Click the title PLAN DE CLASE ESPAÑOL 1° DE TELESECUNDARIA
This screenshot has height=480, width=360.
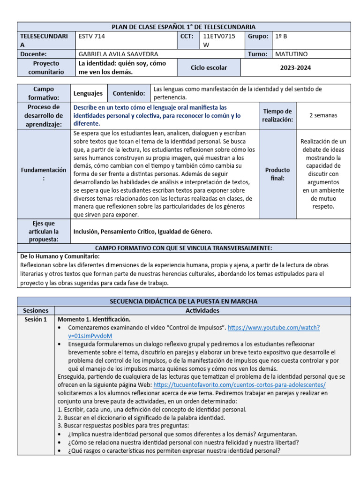[x=183, y=27]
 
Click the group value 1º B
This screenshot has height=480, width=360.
[x=283, y=36]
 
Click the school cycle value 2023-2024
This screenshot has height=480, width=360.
[x=295, y=67]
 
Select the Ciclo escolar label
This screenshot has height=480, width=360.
[x=209, y=67]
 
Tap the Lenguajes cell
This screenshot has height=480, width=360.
[x=88, y=93]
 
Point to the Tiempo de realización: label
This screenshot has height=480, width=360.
[x=277, y=115]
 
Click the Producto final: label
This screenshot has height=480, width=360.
[x=277, y=174]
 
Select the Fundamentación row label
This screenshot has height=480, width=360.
[x=43, y=174]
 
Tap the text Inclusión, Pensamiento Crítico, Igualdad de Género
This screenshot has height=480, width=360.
[x=142, y=231]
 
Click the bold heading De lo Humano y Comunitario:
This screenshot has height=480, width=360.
[x=60, y=256]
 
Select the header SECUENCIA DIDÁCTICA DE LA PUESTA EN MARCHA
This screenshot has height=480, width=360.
[x=183, y=301]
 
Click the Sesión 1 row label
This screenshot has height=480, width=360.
[x=36, y=319]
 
